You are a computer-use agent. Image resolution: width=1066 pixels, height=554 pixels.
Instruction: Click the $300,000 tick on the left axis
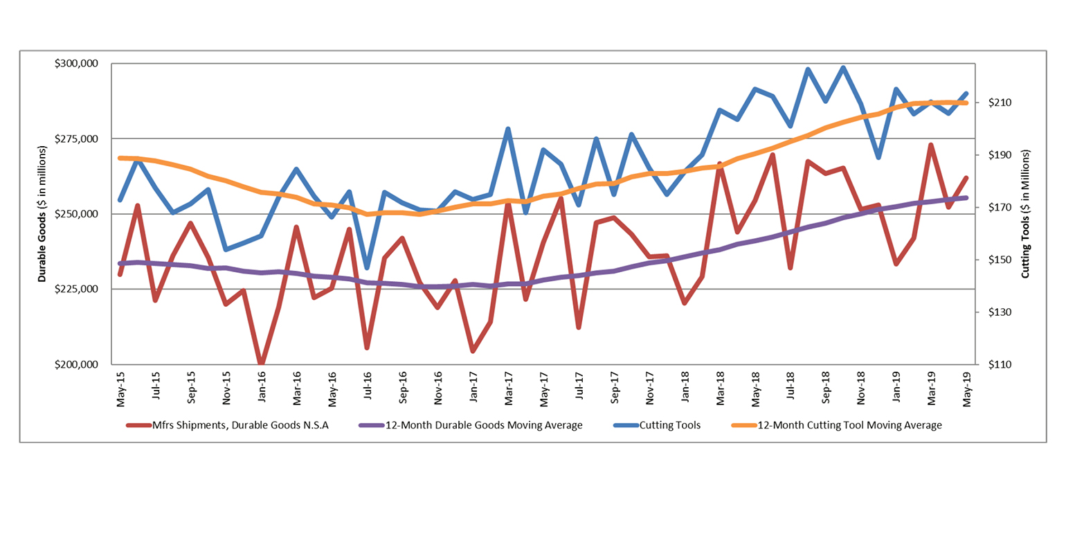click(x=78, y=64)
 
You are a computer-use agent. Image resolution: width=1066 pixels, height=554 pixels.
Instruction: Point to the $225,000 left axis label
click(x=78, y=289)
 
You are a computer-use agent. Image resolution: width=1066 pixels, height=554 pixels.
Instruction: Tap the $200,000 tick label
click(x=78, y=365)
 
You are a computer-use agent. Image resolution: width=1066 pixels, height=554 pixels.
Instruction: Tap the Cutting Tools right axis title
click(x=1026, y=214)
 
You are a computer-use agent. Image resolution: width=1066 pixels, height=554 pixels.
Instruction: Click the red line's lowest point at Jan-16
click(x=262, y=364)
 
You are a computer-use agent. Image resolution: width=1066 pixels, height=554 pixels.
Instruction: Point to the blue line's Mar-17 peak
click(x=508, y=129)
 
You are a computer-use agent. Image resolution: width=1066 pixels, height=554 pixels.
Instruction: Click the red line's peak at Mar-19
click(x=931, y=145)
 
